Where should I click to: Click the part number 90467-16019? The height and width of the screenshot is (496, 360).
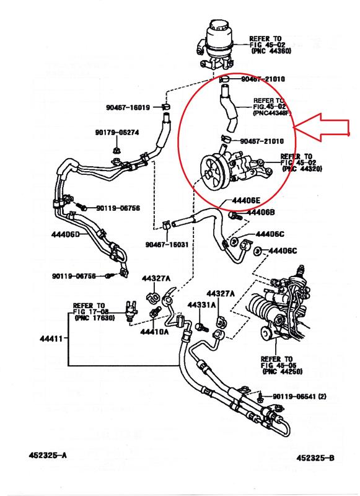(x=128, y=107)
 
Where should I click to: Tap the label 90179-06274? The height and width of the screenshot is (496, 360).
(x=117, y=132)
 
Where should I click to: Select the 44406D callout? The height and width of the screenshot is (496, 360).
(x=65, y=234)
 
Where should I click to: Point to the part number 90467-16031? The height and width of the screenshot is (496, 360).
(x=167, y=244)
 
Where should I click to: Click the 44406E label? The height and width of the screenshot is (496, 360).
(x=246, y=200)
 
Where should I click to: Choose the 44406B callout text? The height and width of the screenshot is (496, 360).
(x=260, y=212)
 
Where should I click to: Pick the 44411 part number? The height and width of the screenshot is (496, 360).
(x=51, y=339)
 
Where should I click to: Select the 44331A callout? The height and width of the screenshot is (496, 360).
(x=201, y=305)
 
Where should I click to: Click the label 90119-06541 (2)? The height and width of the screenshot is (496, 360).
(x=299, y=396)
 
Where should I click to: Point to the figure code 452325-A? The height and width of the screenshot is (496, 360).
(x=48, y=455)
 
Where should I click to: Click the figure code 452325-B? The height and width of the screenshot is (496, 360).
(x=315, y=458)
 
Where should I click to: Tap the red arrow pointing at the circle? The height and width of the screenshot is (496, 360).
(x=322, y=127)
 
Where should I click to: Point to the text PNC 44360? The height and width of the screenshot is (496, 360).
(x=271, y=51)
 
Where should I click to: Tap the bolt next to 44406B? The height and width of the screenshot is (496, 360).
(x=235, y=216)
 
